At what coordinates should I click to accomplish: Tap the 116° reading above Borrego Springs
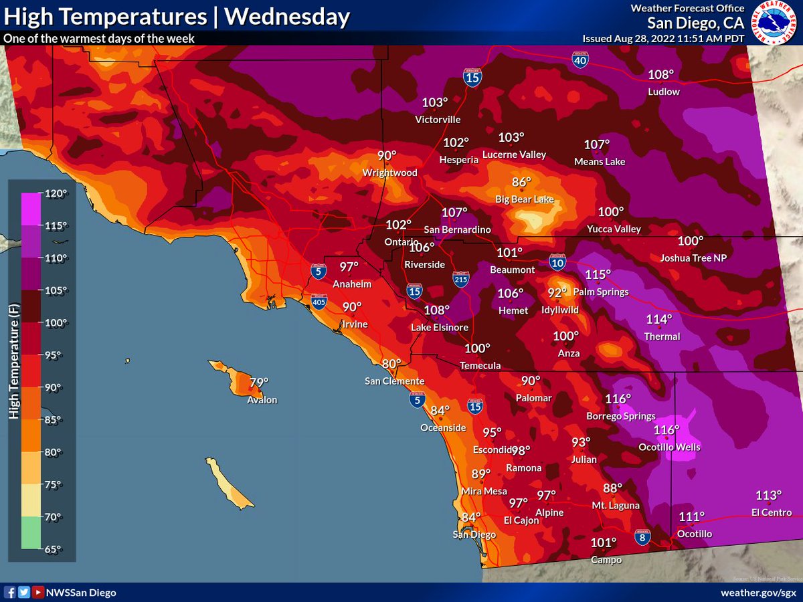tap(618, 399)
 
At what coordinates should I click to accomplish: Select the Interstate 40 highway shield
tap(580, 61)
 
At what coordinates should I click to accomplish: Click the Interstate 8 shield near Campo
tap(641, 536)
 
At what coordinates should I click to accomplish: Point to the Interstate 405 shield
tap(320, 302)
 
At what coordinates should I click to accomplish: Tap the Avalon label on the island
tap(262, 400)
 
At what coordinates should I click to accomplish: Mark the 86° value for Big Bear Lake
tap(521, 182)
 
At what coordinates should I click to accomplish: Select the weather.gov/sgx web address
tap(758, 593)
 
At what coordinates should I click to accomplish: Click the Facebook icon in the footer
tap(10, 593)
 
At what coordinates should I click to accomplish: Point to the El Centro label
tap(771, 512)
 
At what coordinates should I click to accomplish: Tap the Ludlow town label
tap(664, 91)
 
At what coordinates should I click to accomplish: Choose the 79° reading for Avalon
tap(259, 383)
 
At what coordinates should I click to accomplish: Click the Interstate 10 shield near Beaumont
tap(557, 262)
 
